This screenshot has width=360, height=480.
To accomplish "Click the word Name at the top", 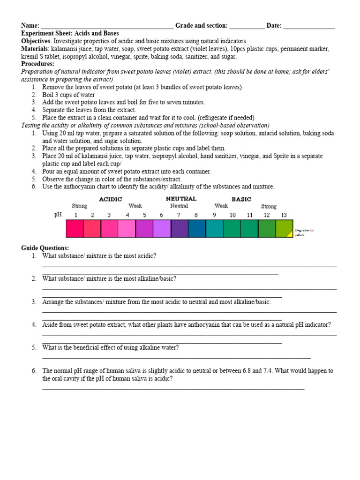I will [x=30, y=26].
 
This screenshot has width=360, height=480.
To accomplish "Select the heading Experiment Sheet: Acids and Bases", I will [x=70, y=34].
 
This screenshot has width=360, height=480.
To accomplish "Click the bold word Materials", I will [x=34, y=49].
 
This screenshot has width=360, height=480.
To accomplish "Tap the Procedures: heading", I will [x=37, y=64].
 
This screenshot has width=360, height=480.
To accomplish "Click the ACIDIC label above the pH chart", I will [x=111, y=199].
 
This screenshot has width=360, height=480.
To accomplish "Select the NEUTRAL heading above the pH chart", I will [x=181, y=199].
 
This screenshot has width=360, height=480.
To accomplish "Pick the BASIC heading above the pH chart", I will [x=241, y=199].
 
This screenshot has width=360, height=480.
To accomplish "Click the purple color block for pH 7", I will [x=180, y=228].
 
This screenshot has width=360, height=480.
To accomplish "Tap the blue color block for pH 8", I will [x=197, y=228].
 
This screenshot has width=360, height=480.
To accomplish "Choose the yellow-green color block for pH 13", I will [x=284, y=228].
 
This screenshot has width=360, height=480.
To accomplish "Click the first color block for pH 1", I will [x=75, y=228].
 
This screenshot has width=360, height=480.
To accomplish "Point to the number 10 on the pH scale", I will [x=232, y=215].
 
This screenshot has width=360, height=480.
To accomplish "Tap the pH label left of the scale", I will [x=58, y=215].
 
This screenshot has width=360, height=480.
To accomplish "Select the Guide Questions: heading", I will [x=45, y=248].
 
